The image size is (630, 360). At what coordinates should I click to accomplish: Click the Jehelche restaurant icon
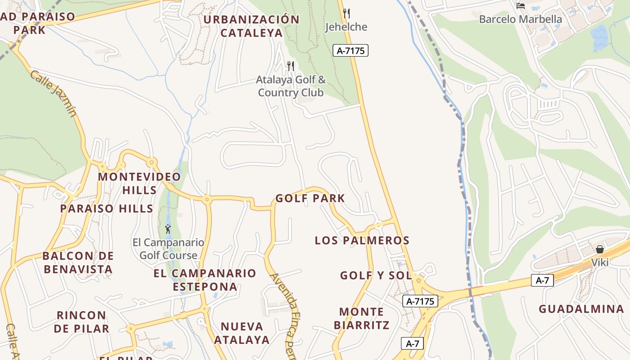346,13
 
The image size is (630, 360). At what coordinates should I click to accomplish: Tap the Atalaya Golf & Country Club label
291,86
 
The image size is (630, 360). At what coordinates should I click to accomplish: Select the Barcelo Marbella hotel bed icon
521,6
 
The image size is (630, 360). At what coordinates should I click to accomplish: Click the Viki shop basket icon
599,249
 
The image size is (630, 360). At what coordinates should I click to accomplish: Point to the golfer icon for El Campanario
168,229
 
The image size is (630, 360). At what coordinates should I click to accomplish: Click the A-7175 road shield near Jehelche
351,51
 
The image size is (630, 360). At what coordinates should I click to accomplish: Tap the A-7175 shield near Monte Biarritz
420,301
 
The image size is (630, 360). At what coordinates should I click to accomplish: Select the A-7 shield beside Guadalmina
542,280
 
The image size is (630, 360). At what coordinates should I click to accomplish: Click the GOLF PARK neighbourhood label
310,198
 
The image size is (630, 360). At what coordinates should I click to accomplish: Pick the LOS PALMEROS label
362,241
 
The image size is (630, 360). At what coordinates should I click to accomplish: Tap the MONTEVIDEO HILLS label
139,183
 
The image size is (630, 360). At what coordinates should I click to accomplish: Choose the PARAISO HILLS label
107,209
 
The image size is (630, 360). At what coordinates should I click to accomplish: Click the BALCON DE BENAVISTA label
78,263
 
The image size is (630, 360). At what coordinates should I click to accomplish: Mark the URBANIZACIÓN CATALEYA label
252,26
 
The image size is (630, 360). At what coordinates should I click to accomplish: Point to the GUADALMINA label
581,309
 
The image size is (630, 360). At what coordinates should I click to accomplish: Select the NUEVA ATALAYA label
242,333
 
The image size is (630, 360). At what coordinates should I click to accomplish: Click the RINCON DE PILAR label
81,322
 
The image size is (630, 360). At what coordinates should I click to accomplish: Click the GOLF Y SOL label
376,275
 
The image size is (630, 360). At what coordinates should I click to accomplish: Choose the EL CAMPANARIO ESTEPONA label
205,280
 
